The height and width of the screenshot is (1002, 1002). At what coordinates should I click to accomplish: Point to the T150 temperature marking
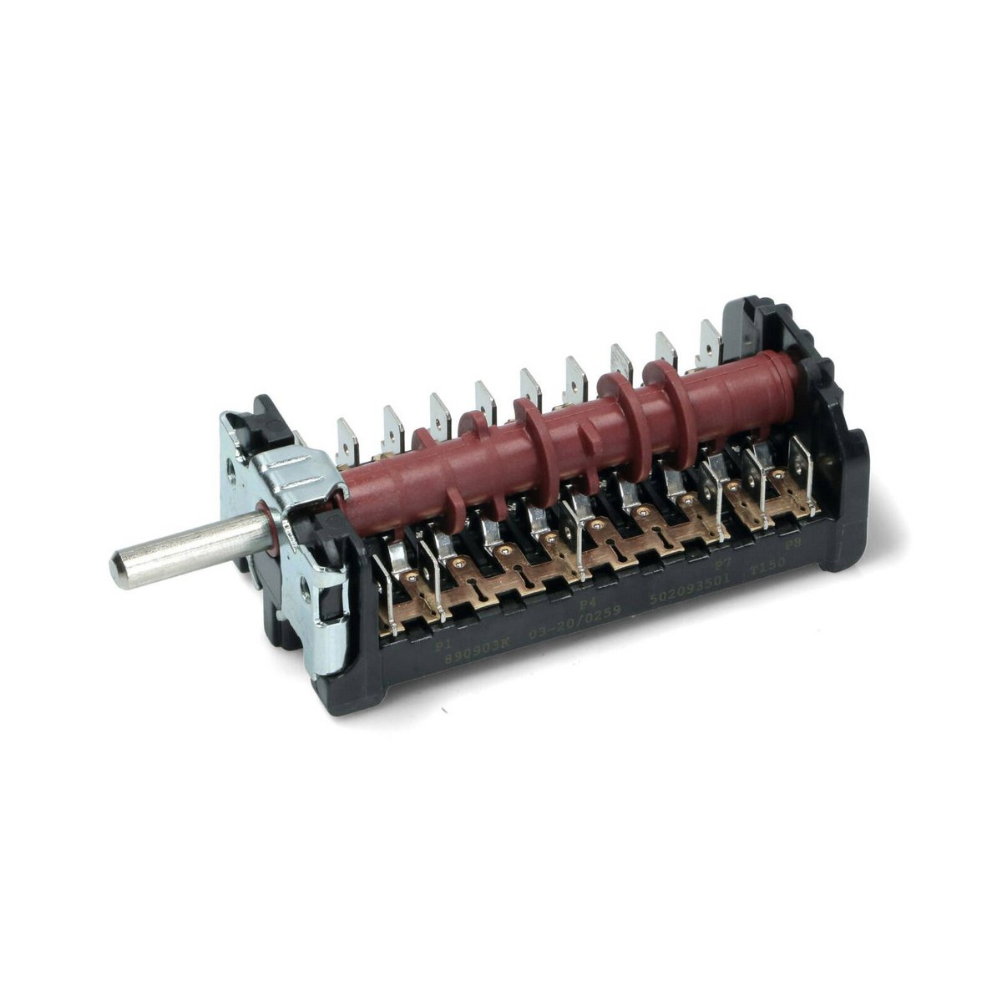(766, 569)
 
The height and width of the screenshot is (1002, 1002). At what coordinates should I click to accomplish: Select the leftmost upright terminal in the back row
(347, 439)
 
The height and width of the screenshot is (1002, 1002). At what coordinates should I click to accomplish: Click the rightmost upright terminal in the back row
(709, 342)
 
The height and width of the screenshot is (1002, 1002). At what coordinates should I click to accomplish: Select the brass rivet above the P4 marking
(595, 524)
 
